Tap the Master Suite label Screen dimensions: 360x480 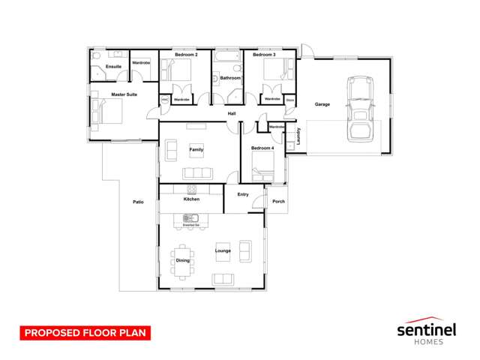pyautogui.click(x=124, y=94)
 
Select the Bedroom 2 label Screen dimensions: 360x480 pyautogui.click(x=186, y=55)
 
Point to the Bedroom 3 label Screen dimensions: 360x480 pyautogui.click(x=263, y=55)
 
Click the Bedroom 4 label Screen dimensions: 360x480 pyautogui.click(x=262, y=148)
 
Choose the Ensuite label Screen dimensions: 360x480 pyautogui.click(x=113, y=67)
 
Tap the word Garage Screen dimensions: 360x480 pyautogui.click(x=322, y=104)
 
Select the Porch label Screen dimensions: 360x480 pyautogui.click(x=278, y=201)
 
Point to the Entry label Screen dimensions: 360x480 pyautogui.click(x=243, y=194)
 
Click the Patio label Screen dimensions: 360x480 pyautogui.click(x=139, y=202)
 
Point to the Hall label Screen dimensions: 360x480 pyautogui.click(x=232, y=113)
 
